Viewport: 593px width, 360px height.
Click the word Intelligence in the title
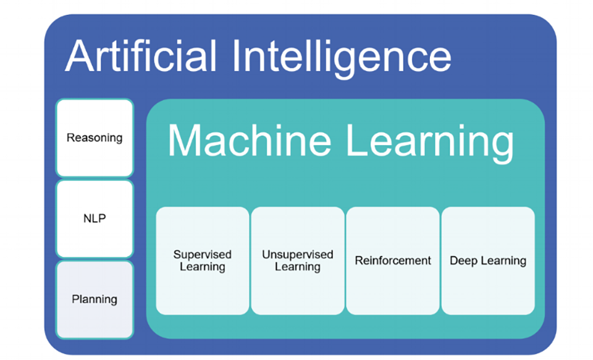point(342,57)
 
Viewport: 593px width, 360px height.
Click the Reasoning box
point(95,138)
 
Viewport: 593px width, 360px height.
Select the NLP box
point(95,219)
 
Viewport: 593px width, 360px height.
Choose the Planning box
point(95,299)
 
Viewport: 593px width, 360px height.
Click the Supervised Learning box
point(202,261)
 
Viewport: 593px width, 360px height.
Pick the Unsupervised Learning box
point(297,261)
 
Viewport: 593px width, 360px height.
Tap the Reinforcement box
point(393,261)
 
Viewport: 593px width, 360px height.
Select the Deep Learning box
point(488,261)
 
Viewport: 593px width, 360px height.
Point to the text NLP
point(95,219)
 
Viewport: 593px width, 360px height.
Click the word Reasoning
point(95,138)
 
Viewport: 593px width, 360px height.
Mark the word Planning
point(95,299)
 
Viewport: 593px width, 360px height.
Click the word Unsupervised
point(297,254)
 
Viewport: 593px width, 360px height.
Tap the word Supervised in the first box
point(202,254)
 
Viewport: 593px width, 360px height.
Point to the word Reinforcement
point(393,261)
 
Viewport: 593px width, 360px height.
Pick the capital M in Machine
point(183,140)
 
